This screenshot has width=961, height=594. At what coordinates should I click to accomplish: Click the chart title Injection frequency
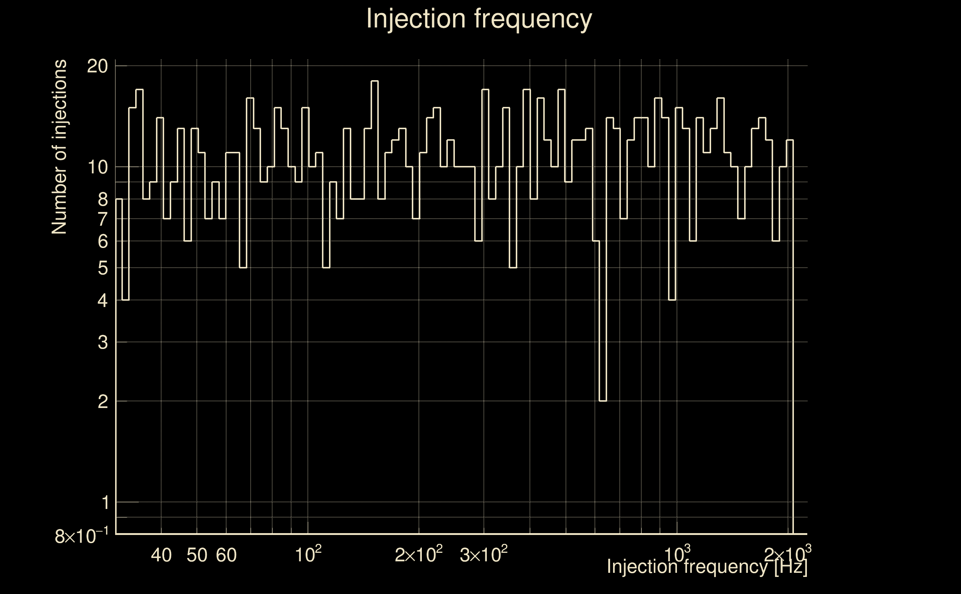(479, 19)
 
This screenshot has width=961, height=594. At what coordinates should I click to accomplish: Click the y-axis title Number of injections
(59, 147)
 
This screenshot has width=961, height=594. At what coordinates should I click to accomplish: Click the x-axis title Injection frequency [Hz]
(707, 567)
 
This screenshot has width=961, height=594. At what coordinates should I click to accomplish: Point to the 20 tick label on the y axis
(97, 66)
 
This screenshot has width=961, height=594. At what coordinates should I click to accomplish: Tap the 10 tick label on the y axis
(97, 167)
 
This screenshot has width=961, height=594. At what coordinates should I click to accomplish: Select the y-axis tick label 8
(102, 199)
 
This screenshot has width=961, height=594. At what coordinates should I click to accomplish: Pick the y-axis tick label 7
(102, 219)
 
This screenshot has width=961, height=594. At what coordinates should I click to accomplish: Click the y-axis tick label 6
(102, 241)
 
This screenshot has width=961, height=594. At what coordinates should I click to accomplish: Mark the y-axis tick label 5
(102, 268)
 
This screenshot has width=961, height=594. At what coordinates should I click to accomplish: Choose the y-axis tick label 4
(102, 301)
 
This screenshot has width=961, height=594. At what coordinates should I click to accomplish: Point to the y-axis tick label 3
(102, 342)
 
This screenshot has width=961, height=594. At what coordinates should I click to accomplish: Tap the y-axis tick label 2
(102, 401)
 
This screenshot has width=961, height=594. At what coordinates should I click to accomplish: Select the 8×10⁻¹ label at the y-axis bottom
(82, 535)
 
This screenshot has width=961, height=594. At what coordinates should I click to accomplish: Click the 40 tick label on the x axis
(162, 555)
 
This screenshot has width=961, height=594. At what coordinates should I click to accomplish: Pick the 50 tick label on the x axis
(197, 555)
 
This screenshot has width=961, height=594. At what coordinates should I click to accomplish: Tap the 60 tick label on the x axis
(226, 555)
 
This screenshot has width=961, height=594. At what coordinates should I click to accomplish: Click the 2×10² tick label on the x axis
(419, 554)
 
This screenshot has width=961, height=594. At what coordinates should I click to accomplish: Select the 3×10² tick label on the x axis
(483, 554)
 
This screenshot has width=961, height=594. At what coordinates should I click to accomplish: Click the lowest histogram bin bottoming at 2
(603, 401)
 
